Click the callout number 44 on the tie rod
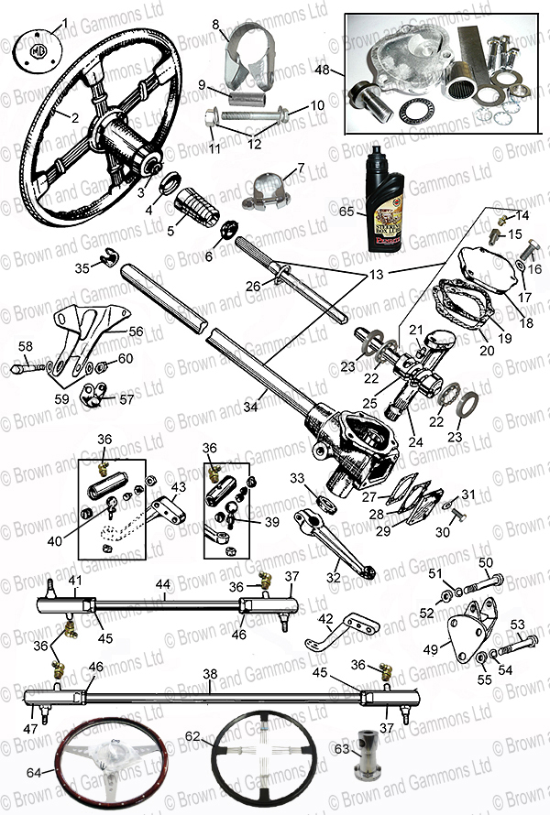162,583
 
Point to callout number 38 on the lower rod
210,673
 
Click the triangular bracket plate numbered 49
472,626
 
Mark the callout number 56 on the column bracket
136,331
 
